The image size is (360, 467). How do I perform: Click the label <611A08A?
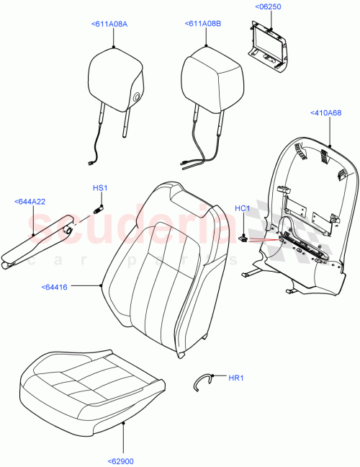[x=109, y=25]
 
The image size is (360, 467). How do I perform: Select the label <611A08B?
[x=203, y=25]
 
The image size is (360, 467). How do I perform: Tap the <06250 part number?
[x=268, y=7]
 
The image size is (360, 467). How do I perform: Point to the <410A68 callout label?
[x=326, y=112]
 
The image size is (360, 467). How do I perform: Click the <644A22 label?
[x=30, y=201]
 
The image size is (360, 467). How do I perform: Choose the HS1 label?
[x=99, y=188]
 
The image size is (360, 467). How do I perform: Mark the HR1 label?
[x=237, y=378]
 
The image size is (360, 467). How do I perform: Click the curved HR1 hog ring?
[x=204, y=380]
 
